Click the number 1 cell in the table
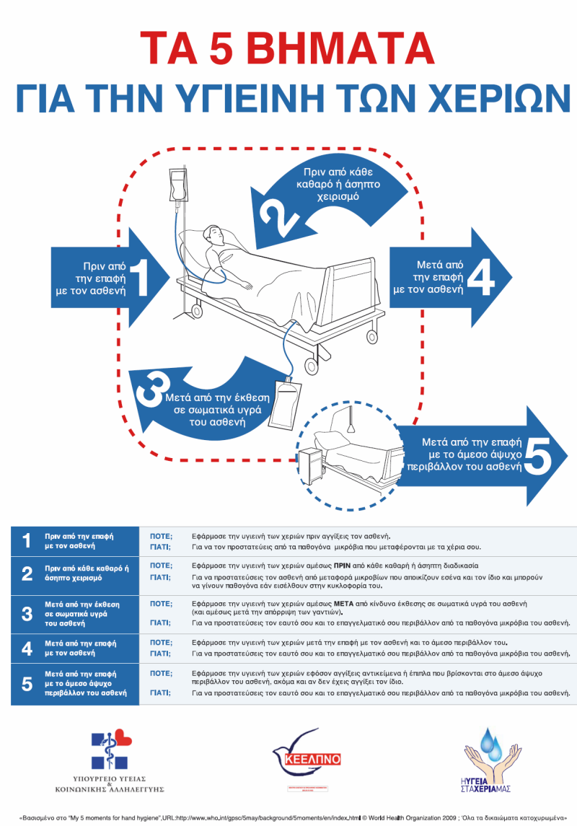27,541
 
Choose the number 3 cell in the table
27,613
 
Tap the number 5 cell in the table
27,684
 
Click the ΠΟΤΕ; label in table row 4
161,641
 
